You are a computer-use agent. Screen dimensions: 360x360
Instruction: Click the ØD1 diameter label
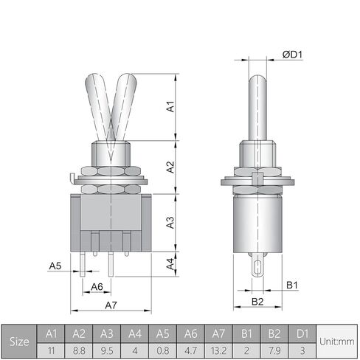tap(292, 55)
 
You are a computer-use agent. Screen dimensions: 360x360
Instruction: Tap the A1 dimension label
tap(170, 106)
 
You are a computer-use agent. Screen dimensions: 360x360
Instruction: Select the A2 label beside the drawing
tap(170, 167)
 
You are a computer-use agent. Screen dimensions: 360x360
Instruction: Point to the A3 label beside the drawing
tap(170, 223)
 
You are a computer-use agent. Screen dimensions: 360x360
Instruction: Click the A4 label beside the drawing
tap(170, 264)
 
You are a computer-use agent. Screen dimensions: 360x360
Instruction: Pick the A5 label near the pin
tap(55, 266)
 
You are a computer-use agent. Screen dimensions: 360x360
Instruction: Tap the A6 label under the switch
tap(97, 287)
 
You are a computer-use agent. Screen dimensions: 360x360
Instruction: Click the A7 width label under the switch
tap(111, 305)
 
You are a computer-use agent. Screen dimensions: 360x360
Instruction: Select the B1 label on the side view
tap(292, 285)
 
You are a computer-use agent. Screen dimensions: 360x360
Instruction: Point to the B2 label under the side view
tap(257, 302)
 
